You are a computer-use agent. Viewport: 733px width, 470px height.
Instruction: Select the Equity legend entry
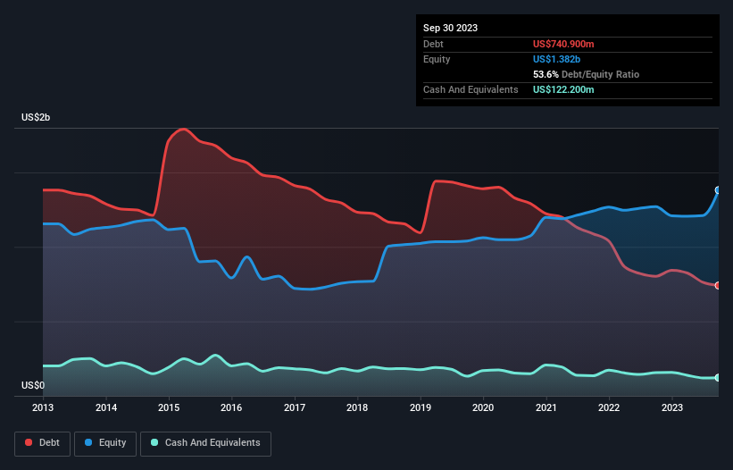point(104,443)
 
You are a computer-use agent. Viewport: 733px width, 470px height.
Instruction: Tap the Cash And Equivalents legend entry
point(205,443)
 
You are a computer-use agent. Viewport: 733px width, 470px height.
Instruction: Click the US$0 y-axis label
point(32,386)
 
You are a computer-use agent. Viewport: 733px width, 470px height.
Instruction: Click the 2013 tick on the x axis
point(43,407)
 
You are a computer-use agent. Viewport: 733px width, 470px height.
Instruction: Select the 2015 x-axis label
point(169,407)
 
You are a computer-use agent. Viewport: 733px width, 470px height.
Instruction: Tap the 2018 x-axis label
point(357,407)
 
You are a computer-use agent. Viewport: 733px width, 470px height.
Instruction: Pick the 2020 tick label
point(483,407)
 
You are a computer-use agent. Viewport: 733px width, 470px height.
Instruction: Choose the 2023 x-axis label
point(671,407)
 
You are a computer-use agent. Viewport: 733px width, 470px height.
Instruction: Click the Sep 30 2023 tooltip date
point(450,28)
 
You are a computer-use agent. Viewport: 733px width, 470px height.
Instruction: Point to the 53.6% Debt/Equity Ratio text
point(586,74)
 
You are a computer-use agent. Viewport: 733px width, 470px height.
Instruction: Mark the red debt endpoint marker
point(718,286)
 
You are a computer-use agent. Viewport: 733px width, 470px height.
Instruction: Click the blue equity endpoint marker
point(718,190)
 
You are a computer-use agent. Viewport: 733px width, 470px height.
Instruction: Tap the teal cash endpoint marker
point(718,378)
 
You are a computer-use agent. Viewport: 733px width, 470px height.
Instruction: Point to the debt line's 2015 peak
point(184,130)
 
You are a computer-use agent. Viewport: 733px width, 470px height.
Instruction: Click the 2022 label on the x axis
point(609,407)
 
